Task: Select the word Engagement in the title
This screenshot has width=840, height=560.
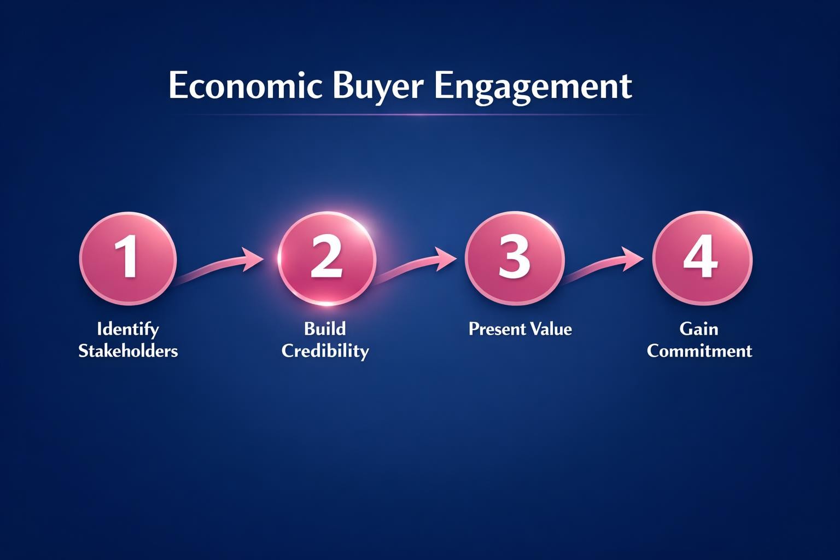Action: pyautogui.click(x=533, y=86)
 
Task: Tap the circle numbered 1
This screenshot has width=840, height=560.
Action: pyautogui.click(x=128, y=258)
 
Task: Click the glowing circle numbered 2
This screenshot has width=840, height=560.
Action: pyautogui.click(x=326, y=258)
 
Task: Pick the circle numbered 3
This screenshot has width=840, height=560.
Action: pyautogui.click(x=514, y=258)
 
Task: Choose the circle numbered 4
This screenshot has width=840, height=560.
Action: pyautogui.click(x=702, y=258)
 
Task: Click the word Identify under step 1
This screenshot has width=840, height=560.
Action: pyautogui.click(x=128, y=329)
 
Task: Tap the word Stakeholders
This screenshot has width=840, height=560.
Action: pyautogui.click(x=128, y=351)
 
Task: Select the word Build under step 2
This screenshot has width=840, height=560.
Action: pyautogui.click(x=325, y=329)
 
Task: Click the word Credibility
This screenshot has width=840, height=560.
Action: pyautogui.click(x=325, y=351)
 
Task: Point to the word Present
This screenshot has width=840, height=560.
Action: pyautogui.click(x=495, y=329)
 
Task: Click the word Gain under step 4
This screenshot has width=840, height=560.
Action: pyautogui.click(x=699, y=329)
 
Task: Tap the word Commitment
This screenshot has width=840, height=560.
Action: pyautogui.click(x=699, y=351)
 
